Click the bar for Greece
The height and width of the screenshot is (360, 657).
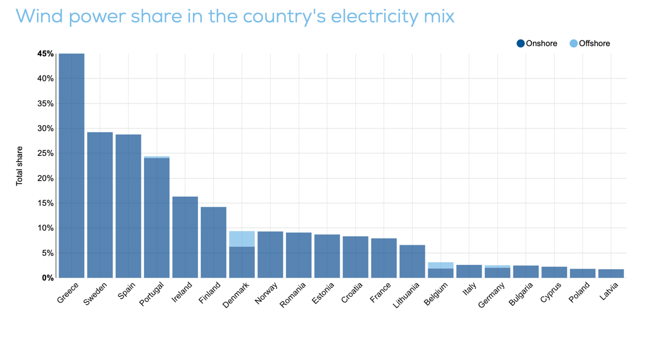click(x=72, y=165)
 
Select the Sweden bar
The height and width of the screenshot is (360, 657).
click(x=100, y=205)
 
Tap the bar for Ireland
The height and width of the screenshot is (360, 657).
click(x=185, y=237)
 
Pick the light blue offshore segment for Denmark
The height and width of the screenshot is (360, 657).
click(x=242, y=239)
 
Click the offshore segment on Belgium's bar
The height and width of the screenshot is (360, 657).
click(x=440, y=265)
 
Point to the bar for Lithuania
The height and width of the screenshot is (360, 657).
click(x=412, y=262)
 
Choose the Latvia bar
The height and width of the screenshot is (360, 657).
click(x=611, y=274)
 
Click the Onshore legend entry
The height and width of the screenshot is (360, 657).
click(x=537, y=44)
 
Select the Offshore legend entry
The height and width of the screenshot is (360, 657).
click(x=590, y=44)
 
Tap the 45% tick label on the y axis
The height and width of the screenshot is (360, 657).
click(x=46, y=53)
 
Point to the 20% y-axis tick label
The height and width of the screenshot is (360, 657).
click(x=46, y=179)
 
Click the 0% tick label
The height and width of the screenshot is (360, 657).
click(x=48, y=278)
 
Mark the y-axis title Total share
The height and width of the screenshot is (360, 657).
click(x=19, y=166)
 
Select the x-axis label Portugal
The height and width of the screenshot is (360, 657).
click(x=152, y=294)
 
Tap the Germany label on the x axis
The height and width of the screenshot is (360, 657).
click(x=491, y=295)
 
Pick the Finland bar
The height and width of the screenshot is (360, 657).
click(x=213, y=242)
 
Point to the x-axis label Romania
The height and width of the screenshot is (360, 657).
click(x=293, y=295)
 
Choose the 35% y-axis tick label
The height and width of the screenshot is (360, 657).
click(x=46, y=104)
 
